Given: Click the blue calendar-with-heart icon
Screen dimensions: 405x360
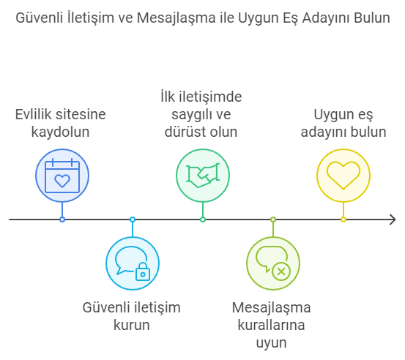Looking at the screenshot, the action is (62, 176).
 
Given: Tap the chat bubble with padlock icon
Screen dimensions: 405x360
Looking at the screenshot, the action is (133, 263).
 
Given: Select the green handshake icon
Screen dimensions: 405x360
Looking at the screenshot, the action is (203, 176).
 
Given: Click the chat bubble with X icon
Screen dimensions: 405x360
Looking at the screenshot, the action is (273, 263).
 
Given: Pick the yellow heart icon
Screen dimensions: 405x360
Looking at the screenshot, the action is (343, 176).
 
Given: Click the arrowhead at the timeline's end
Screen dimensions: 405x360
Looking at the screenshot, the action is (393, 220).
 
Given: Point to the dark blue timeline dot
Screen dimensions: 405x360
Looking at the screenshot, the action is (62, 220).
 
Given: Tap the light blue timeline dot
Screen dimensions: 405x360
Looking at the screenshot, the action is (133, 220).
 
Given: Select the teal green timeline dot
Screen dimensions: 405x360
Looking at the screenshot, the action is (203, 220).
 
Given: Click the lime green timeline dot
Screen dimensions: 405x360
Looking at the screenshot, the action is (273, 220).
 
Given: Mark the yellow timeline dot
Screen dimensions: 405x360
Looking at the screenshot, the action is (343, 220).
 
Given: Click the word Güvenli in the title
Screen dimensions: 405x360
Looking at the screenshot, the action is (40, 18).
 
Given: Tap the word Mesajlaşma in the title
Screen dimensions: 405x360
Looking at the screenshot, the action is (176, 18).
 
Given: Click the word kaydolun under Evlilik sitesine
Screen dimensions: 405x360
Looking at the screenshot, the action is (61, 132).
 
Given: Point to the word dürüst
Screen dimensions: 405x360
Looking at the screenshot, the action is (185, 132).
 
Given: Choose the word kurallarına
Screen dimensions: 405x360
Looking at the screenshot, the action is (271, 325).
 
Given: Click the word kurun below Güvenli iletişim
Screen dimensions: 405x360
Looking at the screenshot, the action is (132, 325).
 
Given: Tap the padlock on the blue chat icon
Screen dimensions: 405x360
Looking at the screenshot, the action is (143, 271).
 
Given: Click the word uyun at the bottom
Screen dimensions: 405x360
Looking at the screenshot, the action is (271, 343).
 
